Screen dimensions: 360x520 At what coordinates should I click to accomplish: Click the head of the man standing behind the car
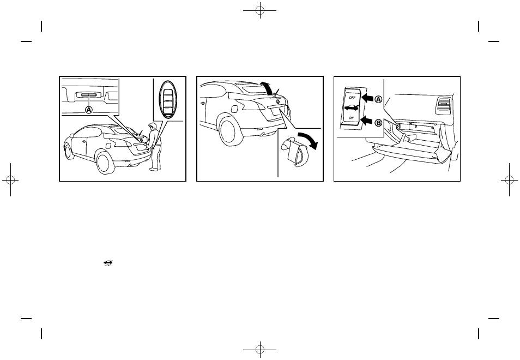tap(154, 127)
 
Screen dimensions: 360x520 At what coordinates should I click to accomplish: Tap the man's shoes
tap(154, 169)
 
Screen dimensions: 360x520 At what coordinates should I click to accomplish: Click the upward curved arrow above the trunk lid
tap(265, 86)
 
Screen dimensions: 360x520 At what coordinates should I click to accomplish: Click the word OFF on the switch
tap(350, 99)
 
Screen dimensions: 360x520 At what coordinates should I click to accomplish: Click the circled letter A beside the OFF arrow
tap(378, 99)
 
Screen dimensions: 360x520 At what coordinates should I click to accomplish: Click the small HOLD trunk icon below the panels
tap(108, 264)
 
